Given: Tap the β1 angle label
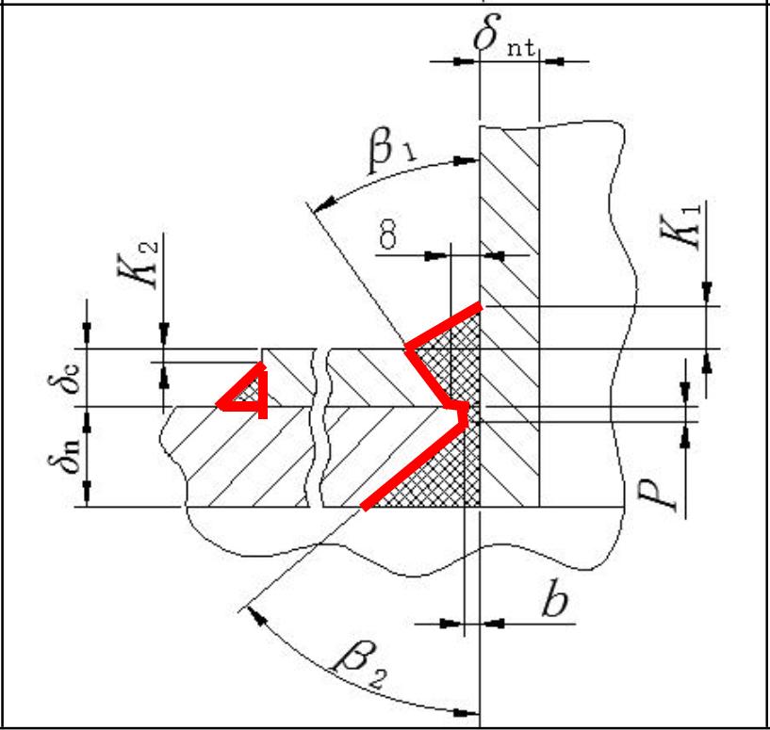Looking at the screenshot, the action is (392, 149).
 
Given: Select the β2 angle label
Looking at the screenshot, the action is (360, 665).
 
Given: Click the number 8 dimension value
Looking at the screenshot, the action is (388, 234).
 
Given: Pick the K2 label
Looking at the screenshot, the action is (138, 264).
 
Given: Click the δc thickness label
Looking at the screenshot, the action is (64, 379).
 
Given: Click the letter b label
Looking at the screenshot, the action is (555, 597).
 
